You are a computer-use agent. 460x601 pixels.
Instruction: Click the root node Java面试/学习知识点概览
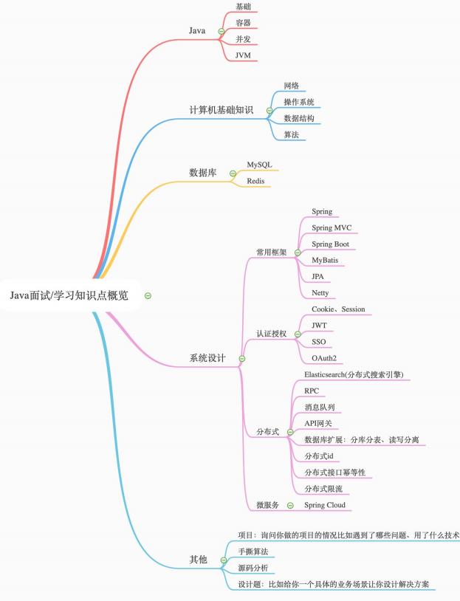coord(69,295)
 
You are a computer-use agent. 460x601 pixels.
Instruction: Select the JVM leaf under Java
coord(243,55)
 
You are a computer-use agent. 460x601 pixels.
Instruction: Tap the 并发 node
coord(243,38)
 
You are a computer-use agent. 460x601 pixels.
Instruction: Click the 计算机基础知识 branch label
coord(222,110)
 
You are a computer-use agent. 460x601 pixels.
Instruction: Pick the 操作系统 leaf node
coord(298,102)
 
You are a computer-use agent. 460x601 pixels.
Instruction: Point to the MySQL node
coord(259,165)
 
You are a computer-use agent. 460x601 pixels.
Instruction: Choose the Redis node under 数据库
coord(255,181)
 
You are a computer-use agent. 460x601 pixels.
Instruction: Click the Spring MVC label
coord(332,227)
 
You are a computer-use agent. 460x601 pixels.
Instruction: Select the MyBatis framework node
coord(325,260)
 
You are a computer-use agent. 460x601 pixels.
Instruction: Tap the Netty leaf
coord(320,293)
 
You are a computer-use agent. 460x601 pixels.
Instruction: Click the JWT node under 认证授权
coord(319,326)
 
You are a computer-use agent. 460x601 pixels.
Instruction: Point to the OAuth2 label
coord(324,358)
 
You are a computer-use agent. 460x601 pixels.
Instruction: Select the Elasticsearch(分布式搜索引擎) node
coord(354,374)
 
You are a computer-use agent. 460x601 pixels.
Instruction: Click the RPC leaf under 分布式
coord(312,391)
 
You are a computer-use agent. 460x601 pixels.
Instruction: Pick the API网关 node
coord(317,423)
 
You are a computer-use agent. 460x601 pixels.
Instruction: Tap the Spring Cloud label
coord(325,505)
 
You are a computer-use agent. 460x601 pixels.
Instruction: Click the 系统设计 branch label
coord(207,358)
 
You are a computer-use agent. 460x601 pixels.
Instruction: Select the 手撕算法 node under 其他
coord(253,552)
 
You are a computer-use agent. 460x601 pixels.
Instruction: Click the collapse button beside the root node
coord(148,295)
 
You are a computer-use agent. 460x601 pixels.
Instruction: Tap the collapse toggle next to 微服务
coord(290,506)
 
